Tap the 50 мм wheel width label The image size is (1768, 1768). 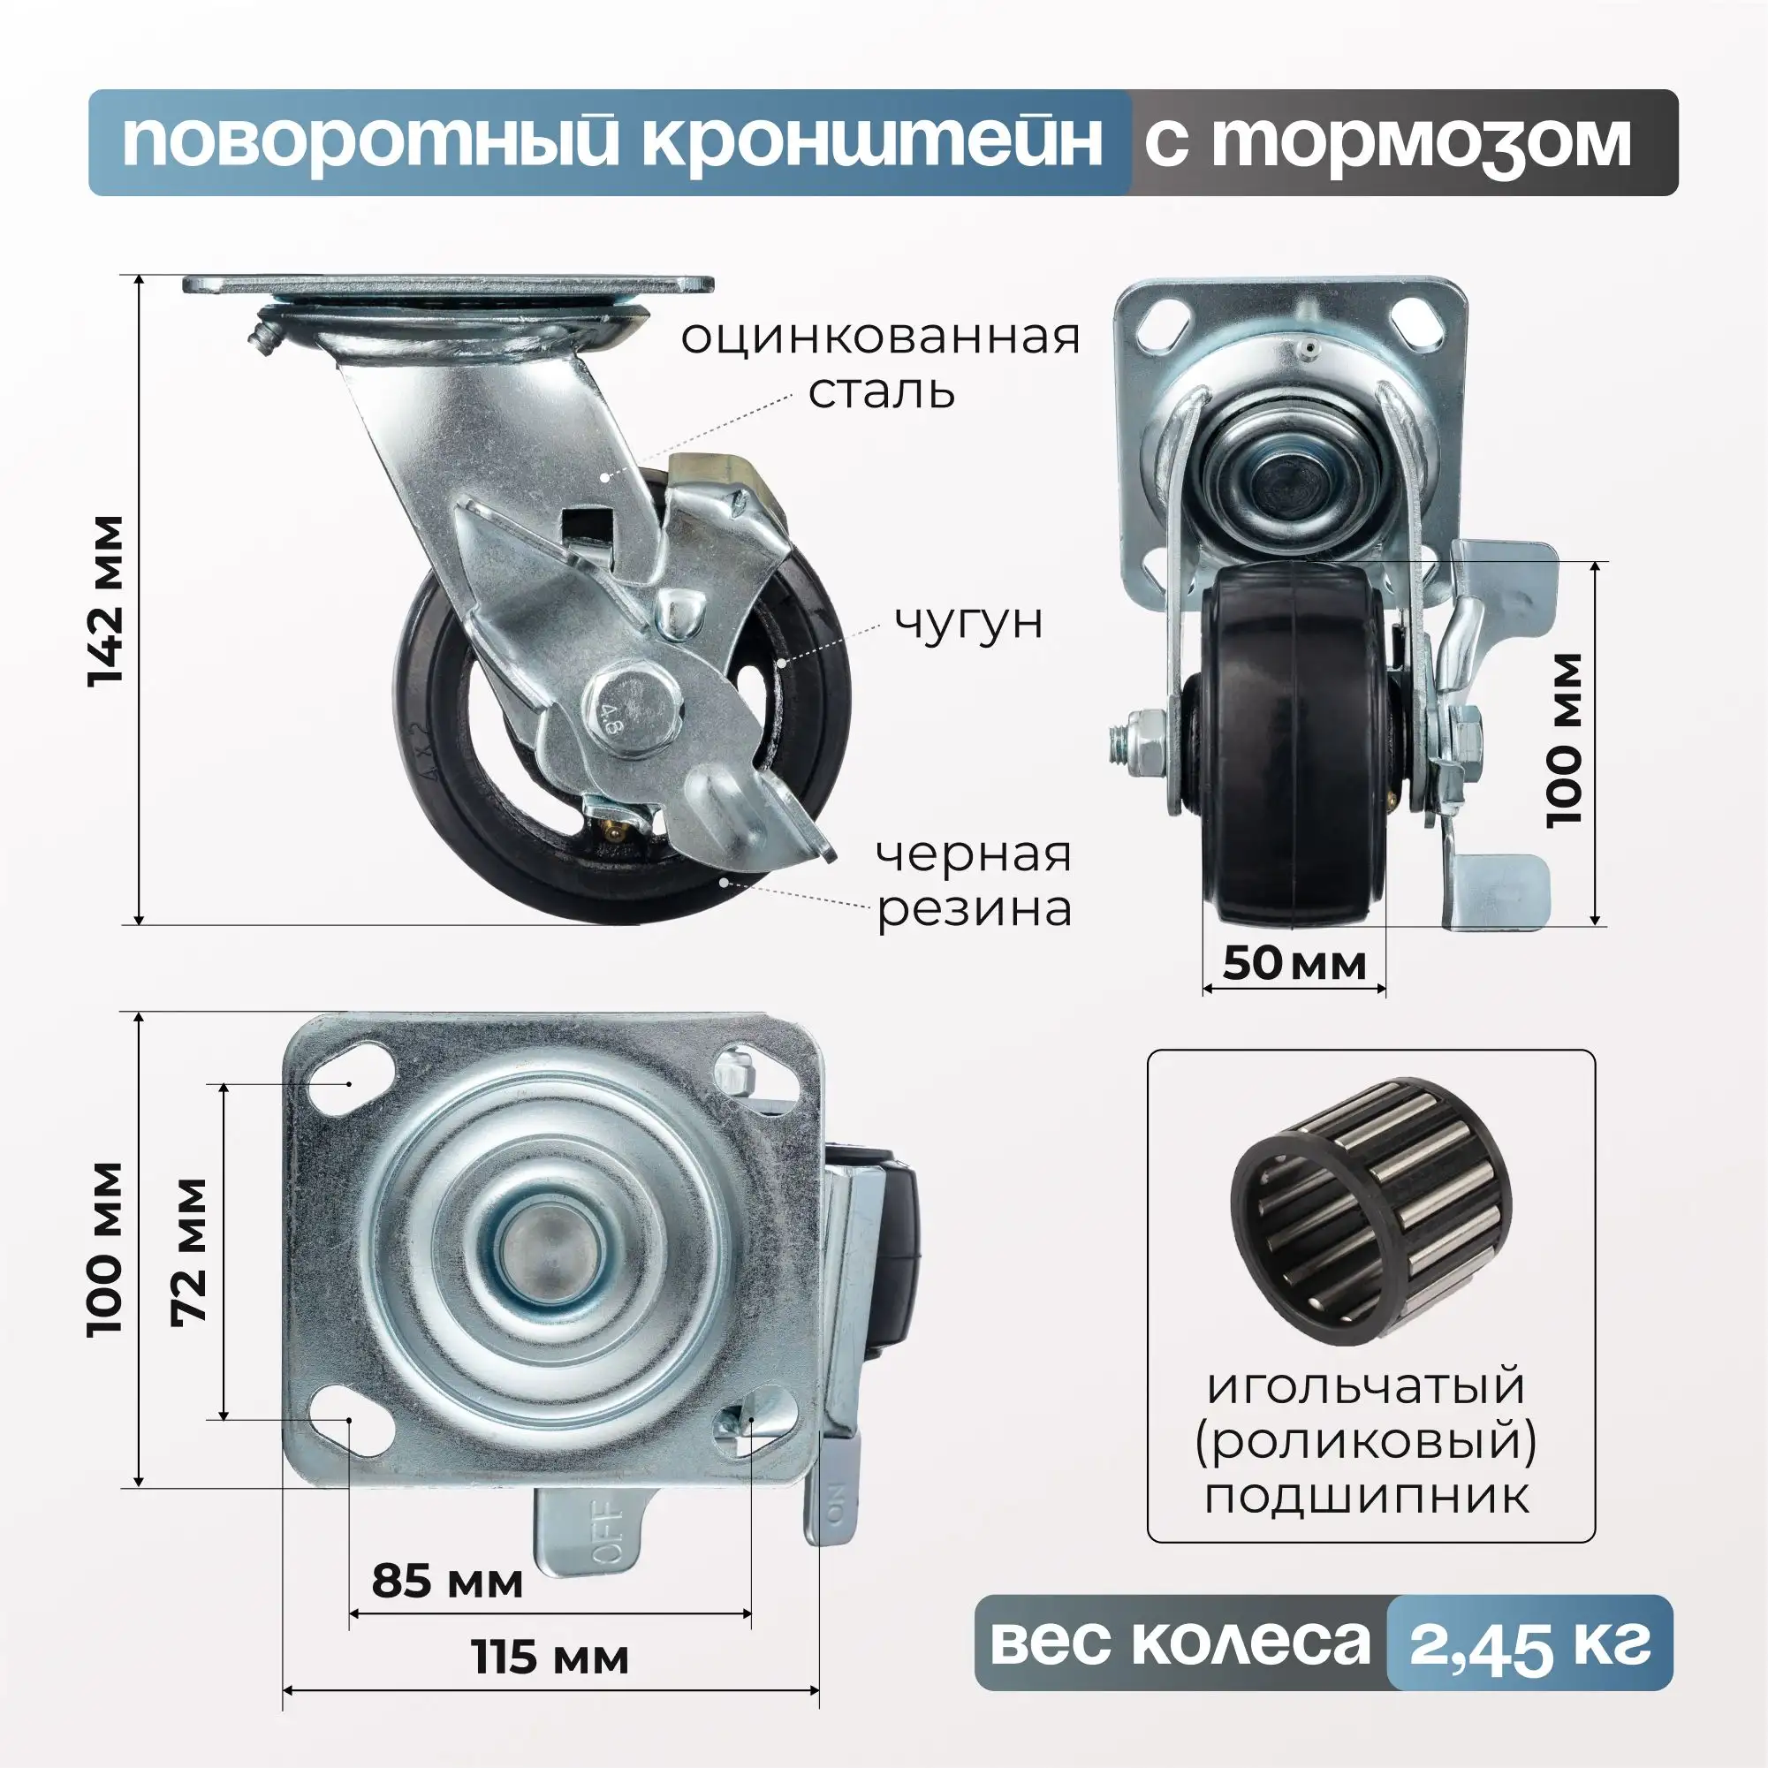click(x=1294, y=964)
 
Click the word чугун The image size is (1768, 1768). click(x=968, y=622)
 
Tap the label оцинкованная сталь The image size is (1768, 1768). click(x=880, y=364)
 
